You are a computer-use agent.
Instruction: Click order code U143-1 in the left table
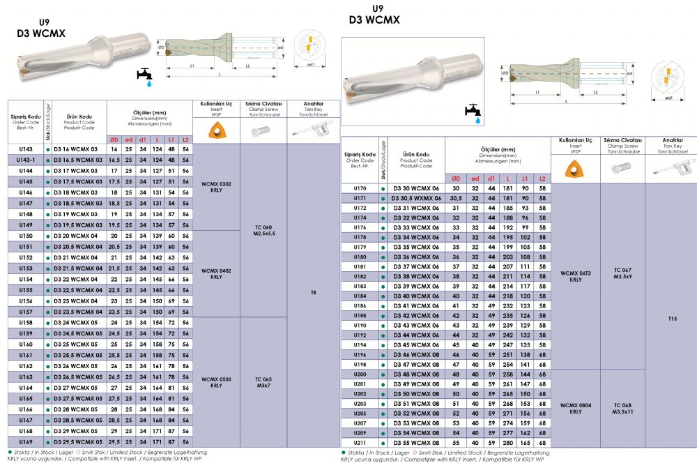point(26,160)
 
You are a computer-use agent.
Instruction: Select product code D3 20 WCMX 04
point(75,236)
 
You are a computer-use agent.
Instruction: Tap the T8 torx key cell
point(314,293)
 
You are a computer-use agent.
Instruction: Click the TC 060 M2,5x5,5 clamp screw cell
point(263,230)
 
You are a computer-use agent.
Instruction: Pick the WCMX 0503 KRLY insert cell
point(216,383)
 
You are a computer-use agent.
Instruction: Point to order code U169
point(26,442)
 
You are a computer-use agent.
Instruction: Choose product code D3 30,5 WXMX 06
point(416,198)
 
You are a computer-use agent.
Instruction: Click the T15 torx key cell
point(673,319)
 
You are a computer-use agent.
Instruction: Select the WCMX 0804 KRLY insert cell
point(576,409)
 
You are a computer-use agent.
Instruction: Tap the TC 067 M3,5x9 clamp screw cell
point(622,273)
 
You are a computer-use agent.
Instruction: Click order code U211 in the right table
point(360,443)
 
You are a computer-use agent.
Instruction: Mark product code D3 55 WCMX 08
point(416,443)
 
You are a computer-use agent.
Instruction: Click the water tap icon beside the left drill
point(145,77)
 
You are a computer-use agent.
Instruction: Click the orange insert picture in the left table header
point(216,130)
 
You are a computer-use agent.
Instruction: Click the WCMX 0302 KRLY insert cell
point(216,187)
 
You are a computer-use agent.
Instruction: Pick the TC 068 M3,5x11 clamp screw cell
point(622,409)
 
